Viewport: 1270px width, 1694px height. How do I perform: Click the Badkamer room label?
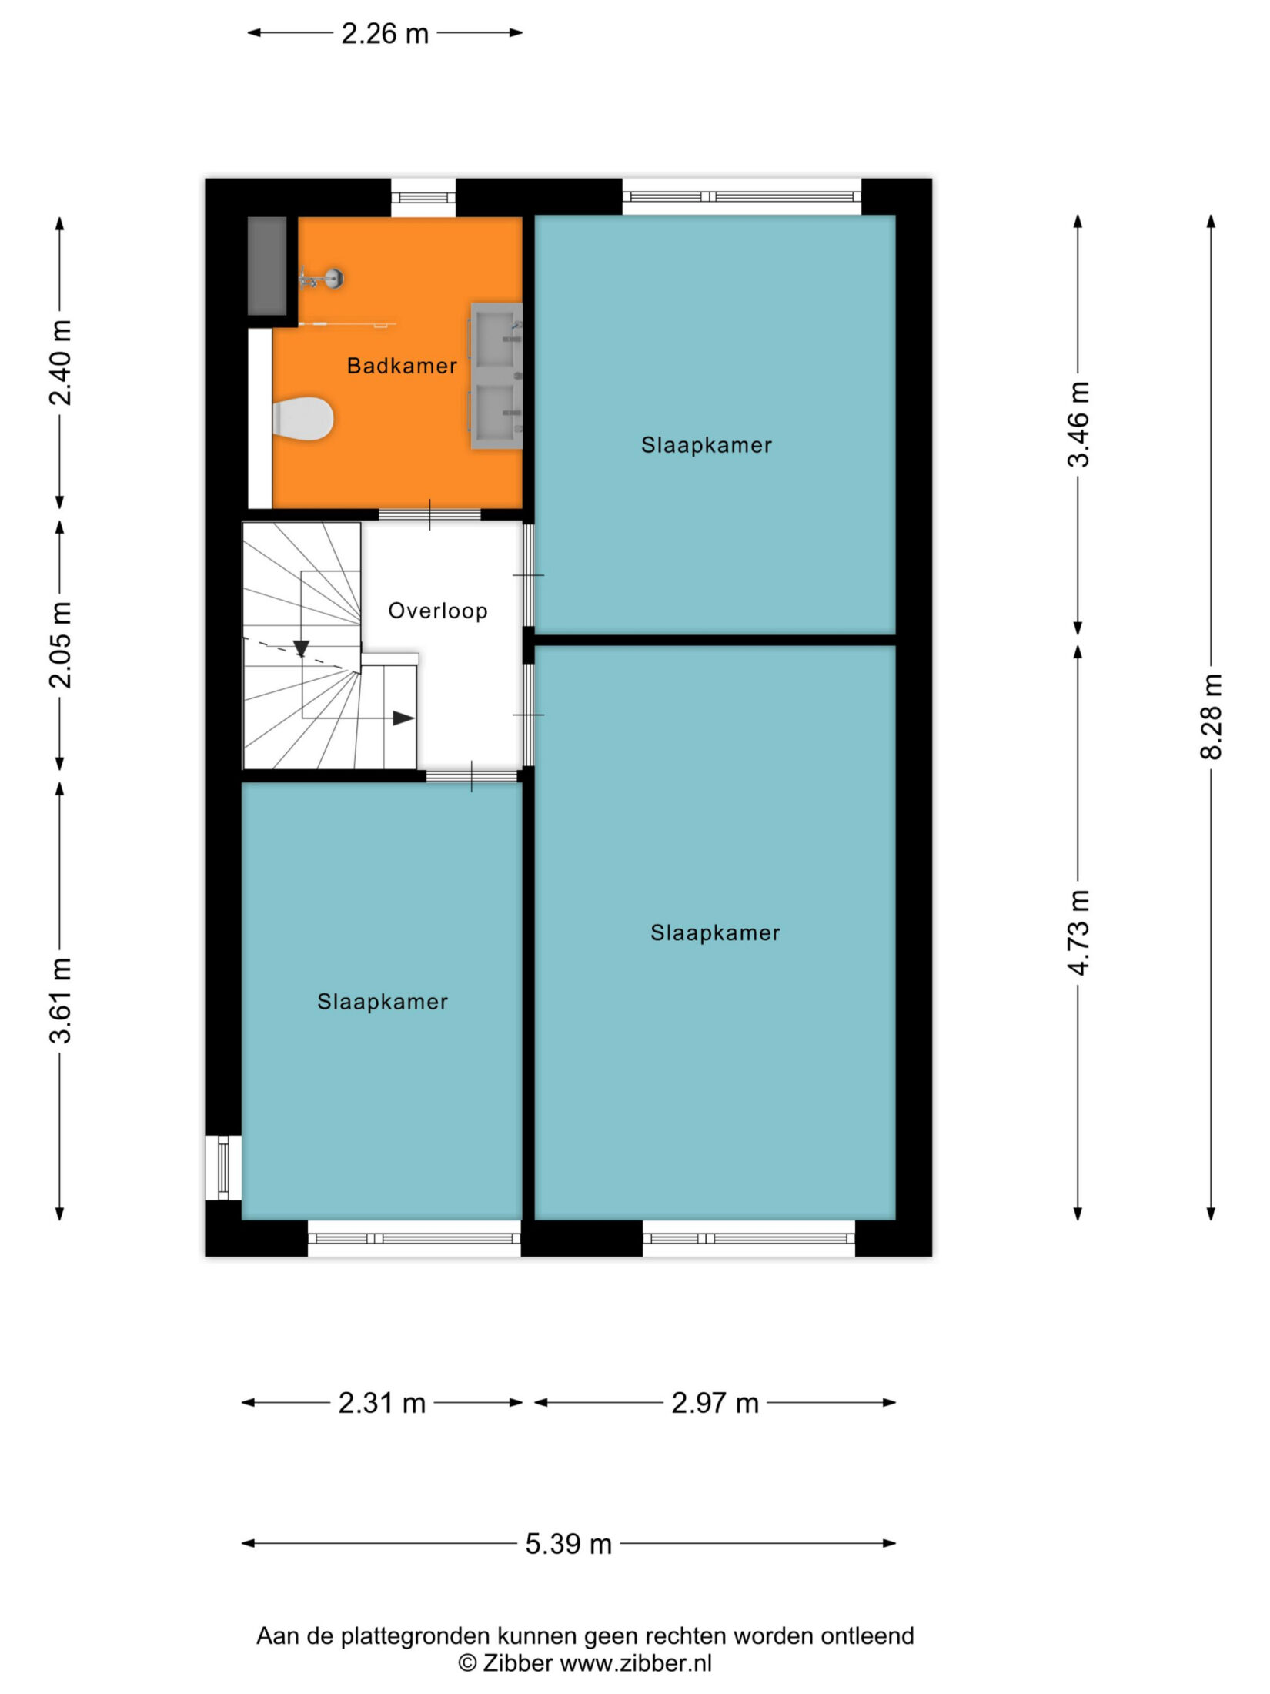point(402,366)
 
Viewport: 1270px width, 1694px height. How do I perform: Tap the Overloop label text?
point(438,611)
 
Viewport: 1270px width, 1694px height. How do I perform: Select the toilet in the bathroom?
point(302,419)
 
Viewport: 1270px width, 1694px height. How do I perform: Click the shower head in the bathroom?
point(333,278)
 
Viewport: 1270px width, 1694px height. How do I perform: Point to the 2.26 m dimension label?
point(385,34)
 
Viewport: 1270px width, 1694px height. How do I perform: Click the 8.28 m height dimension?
point(1211,716)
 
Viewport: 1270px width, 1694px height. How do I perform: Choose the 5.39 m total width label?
point(569,1544)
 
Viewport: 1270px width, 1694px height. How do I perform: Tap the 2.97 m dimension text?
point(715,1403)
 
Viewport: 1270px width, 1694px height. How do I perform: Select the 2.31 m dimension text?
point(382,1403)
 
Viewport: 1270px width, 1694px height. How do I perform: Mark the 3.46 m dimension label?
point(1078,424)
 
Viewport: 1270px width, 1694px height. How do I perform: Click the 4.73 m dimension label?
point(1078,932)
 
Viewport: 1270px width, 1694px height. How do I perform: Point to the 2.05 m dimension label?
point(60,644)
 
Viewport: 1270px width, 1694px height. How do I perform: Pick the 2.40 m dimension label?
point(60,363)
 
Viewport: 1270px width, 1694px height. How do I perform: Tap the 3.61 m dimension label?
point(60,1000)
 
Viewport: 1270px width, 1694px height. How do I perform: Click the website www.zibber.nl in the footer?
point(636,1663)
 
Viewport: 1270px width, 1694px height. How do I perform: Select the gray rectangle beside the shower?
point(267,266)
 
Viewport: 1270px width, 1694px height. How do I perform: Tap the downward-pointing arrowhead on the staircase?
point(301,649)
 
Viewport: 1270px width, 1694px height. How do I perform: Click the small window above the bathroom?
point(423,197)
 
